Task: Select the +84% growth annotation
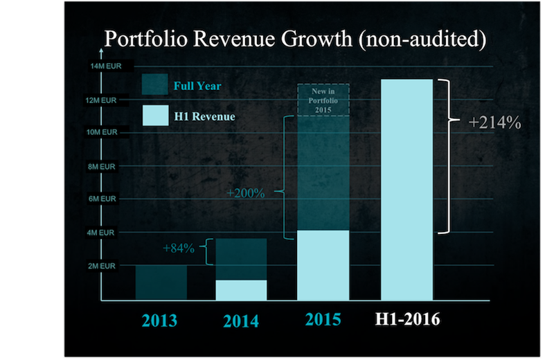coord(178,247)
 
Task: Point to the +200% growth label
coord(246,192)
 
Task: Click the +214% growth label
coord(494,123)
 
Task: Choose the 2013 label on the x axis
coord(160,321)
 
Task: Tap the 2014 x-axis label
coord(241,321)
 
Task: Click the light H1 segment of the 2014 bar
coord(241,290)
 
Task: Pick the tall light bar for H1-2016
coord(407,190)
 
